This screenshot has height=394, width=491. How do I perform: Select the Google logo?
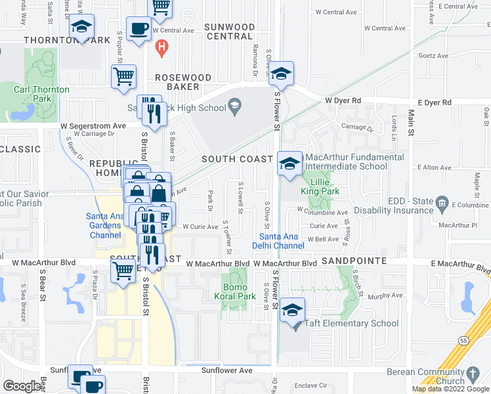pos(22,386)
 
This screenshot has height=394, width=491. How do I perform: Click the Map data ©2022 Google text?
pos(450,389)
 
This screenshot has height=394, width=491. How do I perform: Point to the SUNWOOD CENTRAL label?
pos(229,32)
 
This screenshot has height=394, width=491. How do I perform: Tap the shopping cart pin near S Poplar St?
pos(123,77)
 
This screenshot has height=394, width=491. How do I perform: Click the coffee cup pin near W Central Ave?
pos(139,28)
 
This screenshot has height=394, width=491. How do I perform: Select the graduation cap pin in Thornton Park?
pos(82,26)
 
